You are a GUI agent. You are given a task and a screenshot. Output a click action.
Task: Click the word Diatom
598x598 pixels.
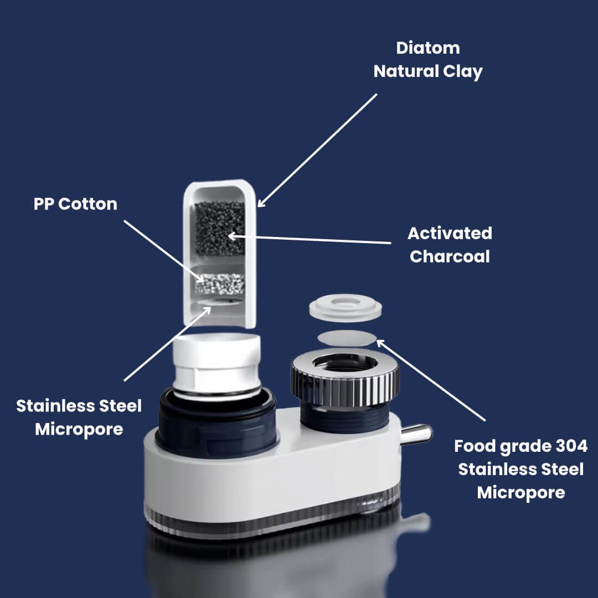[x=428, y=48]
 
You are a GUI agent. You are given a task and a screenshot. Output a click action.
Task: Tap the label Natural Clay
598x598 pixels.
[x=428, y=71]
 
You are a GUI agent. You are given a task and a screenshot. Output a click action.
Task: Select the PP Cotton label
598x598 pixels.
[x=75, y=204]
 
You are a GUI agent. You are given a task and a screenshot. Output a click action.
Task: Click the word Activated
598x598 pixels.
[x=450, y=234]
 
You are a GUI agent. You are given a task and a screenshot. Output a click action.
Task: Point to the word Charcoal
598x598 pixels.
[x=450, y=257]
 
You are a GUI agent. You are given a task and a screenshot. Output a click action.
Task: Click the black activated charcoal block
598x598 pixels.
[x=220, y=229]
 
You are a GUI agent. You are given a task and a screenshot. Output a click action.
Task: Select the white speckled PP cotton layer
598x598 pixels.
[x=220, y=283]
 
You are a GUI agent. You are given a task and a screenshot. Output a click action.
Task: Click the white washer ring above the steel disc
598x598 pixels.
[x=346, y=307]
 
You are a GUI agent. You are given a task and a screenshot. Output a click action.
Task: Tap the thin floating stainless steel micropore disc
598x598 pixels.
[x=347, y=338]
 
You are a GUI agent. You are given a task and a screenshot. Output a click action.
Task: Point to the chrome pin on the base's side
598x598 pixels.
[x=416, y=434]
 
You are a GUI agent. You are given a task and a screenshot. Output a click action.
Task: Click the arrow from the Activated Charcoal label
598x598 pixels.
[x=310, y=239]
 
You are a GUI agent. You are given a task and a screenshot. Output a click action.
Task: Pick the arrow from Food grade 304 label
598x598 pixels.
[x=431, y=380]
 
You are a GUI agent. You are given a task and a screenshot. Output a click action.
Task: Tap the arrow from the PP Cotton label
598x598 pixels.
[x=164, y=251]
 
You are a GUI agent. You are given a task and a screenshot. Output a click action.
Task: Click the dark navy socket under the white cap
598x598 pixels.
[x=216, y=424]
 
